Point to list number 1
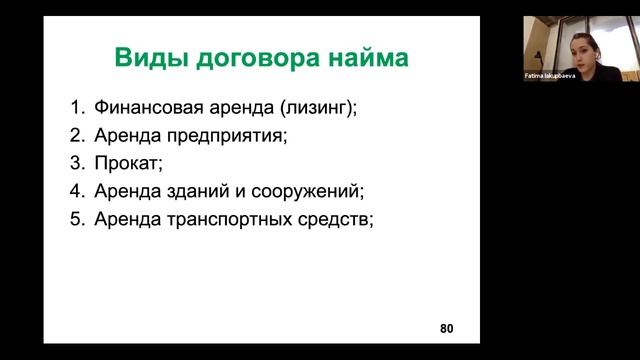[x=77, y=107]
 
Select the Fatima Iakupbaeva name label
[x=551, y=76]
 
